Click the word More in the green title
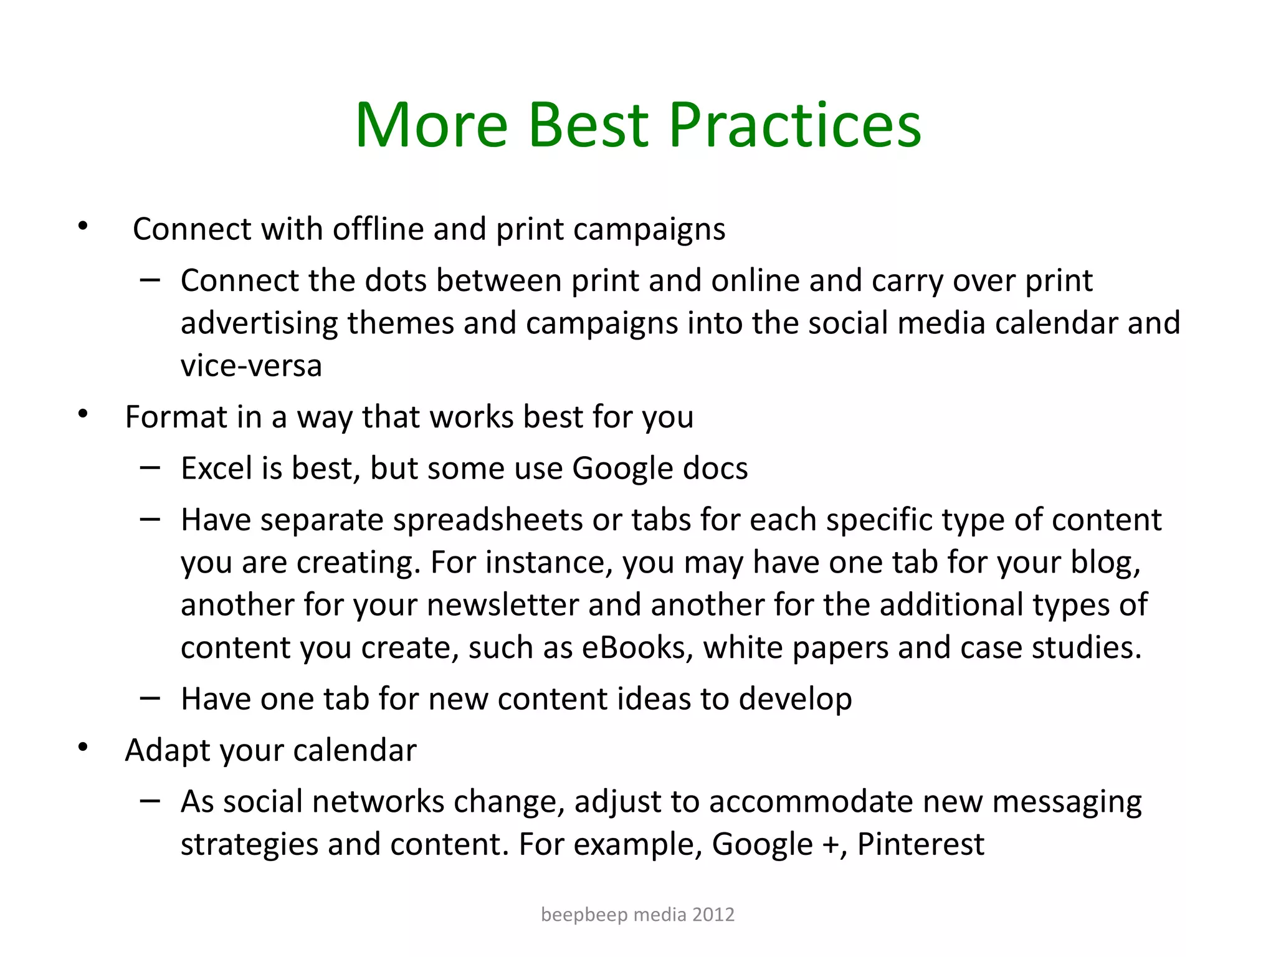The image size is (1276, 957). pyautogui.click(x=431, y=126)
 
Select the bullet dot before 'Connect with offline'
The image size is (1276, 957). pyautogui.click(x=83, y=227)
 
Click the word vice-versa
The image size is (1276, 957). pyautogui.click(x=251, y=366)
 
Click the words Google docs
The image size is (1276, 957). pyautogui.click(x=659, y=469)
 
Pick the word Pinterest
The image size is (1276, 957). pyautogui.click(x=920, y=844)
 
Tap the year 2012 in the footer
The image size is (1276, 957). pyautogui.click(x=713, y=915)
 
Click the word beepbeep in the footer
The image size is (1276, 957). pyautogui.click(x=584, y=915)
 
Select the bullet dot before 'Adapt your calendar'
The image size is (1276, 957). pyautogui.click(x=83, y=748)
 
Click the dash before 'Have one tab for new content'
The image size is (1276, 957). pyautogui.click(x=150, y=698)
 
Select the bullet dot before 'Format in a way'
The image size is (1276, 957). pyautogui.click(x=83, y=414)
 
